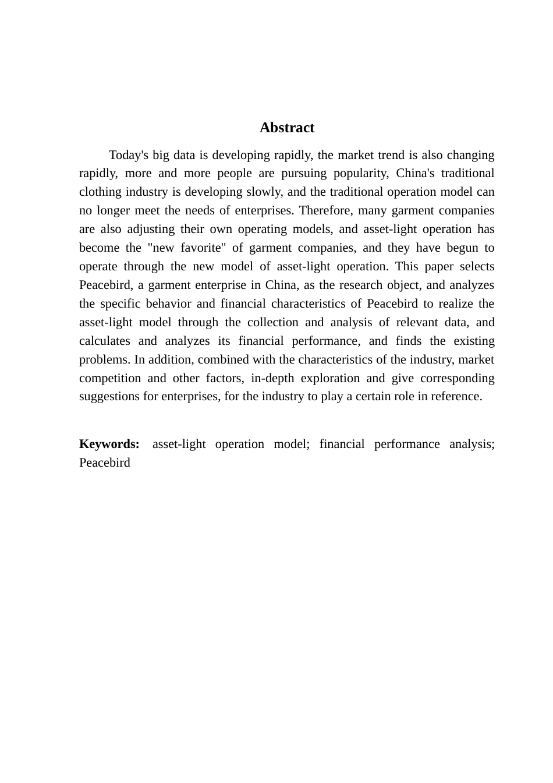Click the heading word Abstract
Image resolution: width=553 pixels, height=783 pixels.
(287, 128)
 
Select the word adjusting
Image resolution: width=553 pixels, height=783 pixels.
(151, 230)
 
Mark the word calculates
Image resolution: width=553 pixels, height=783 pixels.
(105, 341)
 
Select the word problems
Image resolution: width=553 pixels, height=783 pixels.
(105, 360)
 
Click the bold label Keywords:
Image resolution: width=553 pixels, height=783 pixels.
(109, 445)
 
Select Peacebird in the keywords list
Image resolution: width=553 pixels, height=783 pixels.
(105, 463)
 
